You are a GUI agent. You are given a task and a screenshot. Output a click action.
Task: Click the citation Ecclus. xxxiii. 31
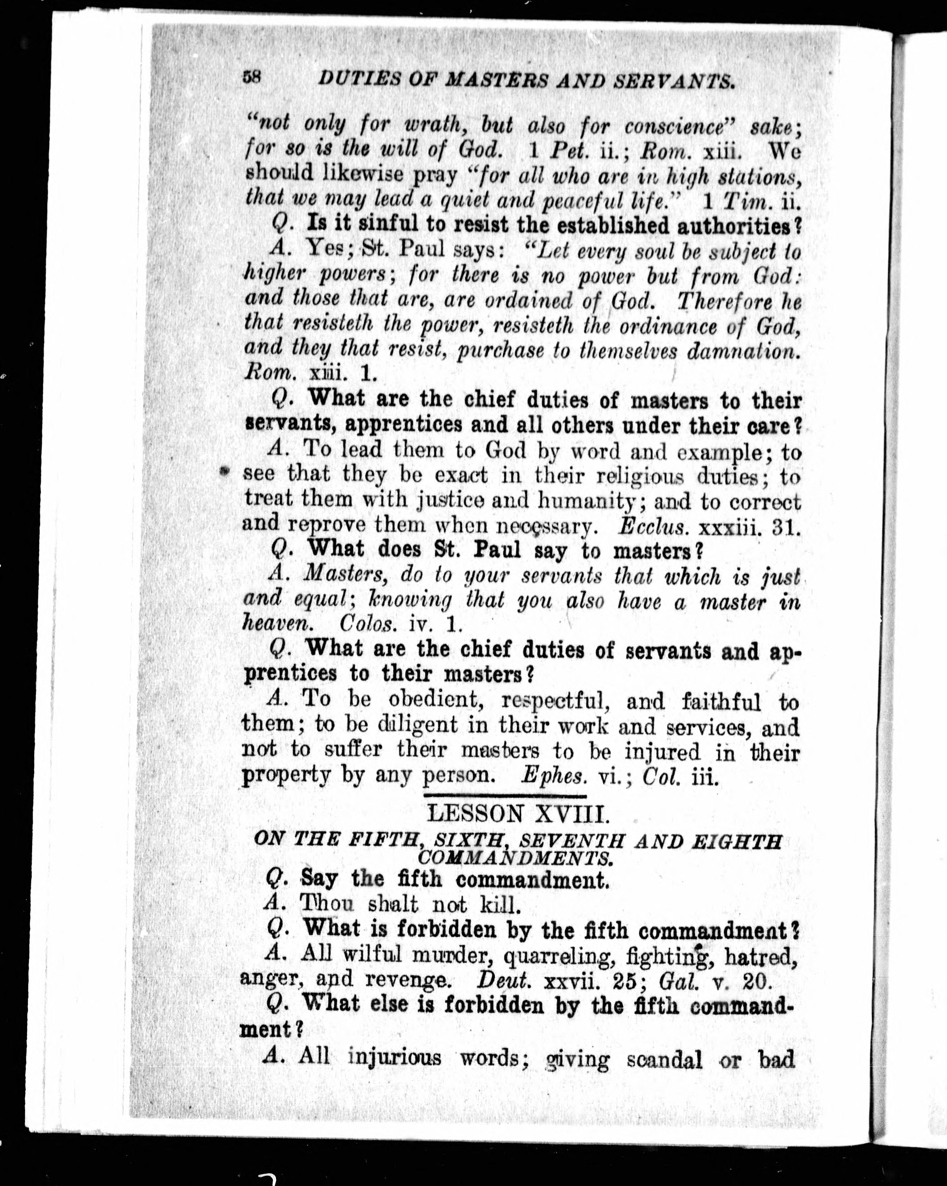click(709, 528)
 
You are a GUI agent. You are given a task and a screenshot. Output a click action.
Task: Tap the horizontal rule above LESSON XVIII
click(504, 796)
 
